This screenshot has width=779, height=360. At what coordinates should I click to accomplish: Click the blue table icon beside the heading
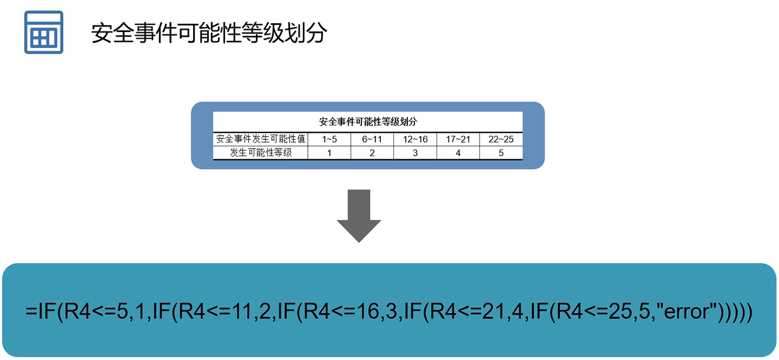(x=44, y=32)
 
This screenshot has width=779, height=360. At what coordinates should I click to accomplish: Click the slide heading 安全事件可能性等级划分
(x=209, y=33)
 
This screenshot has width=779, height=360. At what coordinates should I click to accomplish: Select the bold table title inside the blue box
(x=368, y=121)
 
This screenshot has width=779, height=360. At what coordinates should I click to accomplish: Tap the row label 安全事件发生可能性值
(x=261, y=139)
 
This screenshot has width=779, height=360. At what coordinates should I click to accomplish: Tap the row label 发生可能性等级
(x=261, y=153)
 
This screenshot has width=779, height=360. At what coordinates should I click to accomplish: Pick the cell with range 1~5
(x=329, y=139)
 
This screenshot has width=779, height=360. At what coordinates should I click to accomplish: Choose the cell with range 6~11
(x=372, y=139)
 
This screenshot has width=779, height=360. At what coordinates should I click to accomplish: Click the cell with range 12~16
(x=415, y=139)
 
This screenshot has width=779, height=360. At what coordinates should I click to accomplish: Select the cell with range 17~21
(x=458, y=139)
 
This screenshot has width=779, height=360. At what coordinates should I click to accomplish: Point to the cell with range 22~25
(x=501, y=139)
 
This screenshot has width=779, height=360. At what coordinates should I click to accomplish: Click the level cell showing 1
(x=329, y=153)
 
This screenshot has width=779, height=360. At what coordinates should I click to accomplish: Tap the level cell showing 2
(x=372, y=153)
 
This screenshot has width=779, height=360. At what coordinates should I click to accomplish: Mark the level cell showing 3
(x=415, y=153)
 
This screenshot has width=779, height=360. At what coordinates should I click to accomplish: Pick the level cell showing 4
(x=458, y=153)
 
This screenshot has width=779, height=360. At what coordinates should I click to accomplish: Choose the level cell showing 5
(x=501, y=153)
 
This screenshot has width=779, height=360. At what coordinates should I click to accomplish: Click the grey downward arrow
(x=359, y=216)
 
